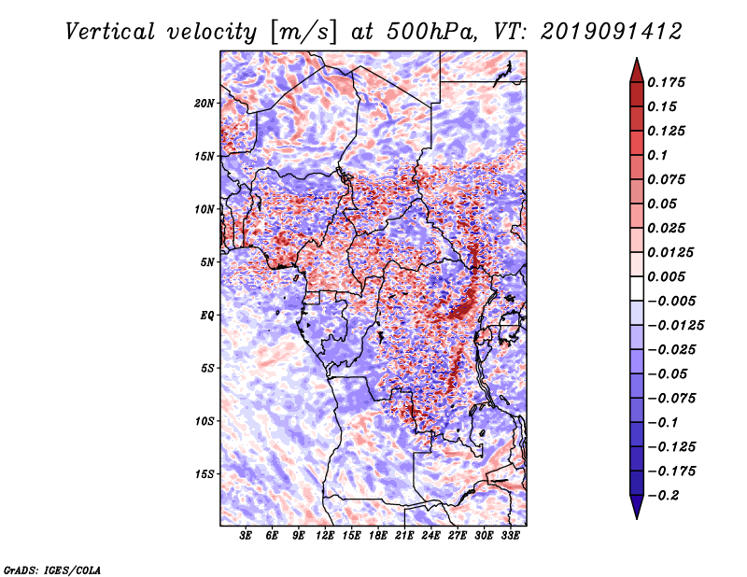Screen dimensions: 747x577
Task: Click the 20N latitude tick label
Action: tap(204, 104)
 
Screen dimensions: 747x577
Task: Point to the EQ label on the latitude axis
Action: tap(207, 316)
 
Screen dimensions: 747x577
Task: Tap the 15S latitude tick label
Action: tap(204, 474)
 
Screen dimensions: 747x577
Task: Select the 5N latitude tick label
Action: tap(207, 262)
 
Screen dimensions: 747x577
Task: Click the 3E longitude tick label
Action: tap(246, 536)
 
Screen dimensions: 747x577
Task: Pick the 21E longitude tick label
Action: tap(404, 536)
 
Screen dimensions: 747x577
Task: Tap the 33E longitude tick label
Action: tap(510, 536)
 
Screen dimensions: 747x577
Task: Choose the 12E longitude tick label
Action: tap(325, 536)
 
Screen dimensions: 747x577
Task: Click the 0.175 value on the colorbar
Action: tap(666, 82)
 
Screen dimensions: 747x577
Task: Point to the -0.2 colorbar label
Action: tap(663, 496)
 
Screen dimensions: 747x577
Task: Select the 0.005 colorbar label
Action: tap(666, 276)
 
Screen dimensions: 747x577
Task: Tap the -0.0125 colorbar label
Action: tap(675, 326)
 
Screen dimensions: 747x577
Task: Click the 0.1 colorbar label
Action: tap(657, 155)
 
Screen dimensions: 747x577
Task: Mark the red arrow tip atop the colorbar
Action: tap(637, 58)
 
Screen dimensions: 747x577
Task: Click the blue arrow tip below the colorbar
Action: tap(637, 518)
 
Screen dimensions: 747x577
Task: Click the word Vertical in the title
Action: tap(110, 32)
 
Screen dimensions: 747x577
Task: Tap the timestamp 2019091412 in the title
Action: tap(612, 32)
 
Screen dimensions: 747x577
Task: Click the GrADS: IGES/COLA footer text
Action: tap(52, 570)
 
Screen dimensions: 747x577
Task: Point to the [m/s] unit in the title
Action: tap(303, 32)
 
